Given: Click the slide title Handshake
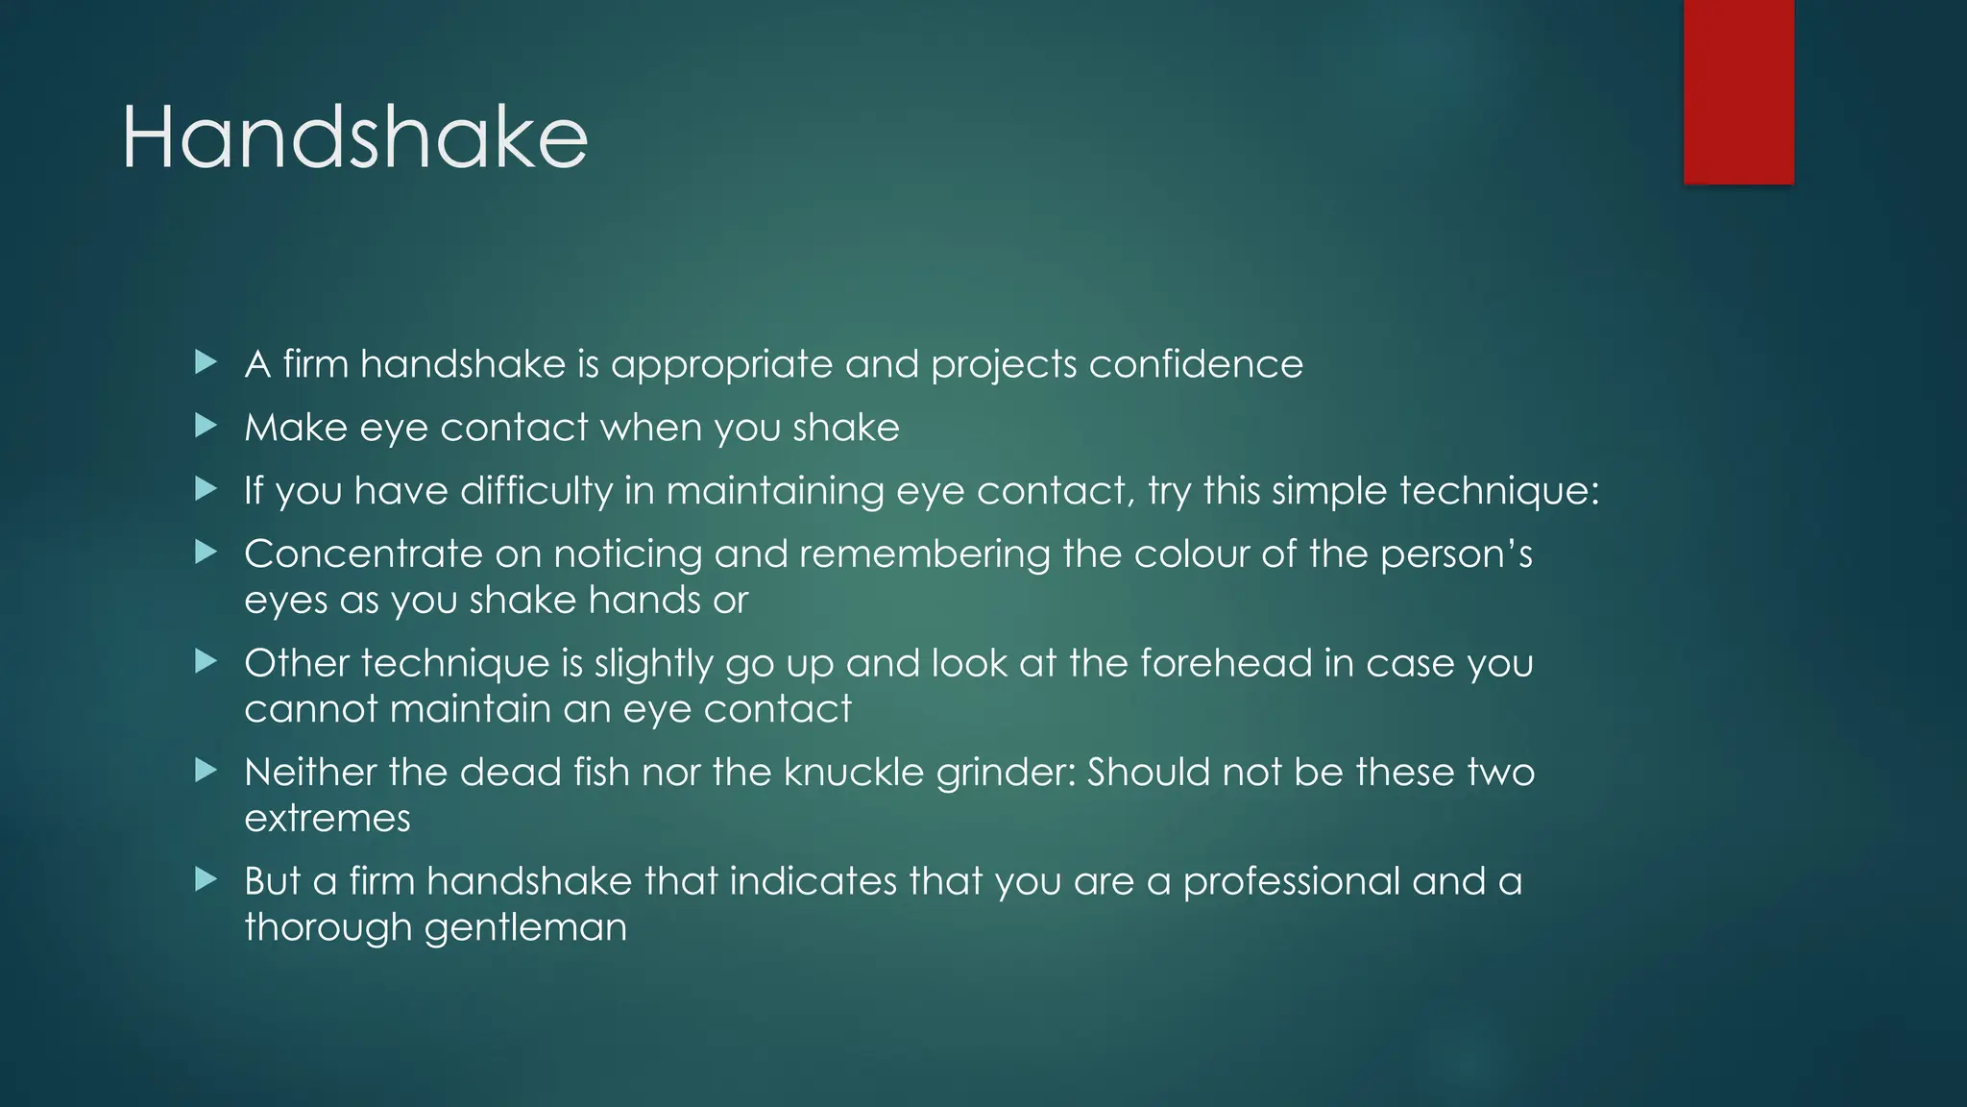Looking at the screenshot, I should click(x=354, y=138).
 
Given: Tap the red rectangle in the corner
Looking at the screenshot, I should click(x=1738, y=91).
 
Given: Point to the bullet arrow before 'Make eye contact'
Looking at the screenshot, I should click(x=206, y=426).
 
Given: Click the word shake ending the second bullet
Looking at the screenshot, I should click(x=846, y=428).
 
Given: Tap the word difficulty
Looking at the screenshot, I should click(x=536, y=491).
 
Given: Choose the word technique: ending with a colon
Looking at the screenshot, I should click(x=1499, y=491).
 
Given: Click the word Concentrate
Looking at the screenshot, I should click(x=363, y=553).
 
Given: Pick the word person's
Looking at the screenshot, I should click(x=1456, y=554).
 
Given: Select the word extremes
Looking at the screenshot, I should click(x=328, y=819).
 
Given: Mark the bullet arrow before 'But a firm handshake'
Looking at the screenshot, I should click(x=206, y=879).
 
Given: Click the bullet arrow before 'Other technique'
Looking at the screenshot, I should click(x=206, y=661).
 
